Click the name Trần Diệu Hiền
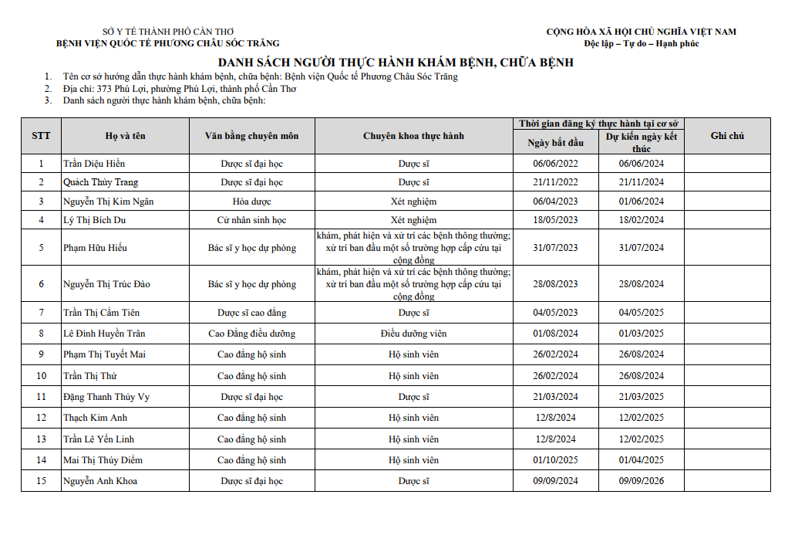click(94, 164)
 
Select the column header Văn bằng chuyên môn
click(251, 136)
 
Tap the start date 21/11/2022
click(555, 182)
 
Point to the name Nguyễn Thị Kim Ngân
click(109, 202)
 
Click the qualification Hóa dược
click(251, 202)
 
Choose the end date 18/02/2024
click(641, 220)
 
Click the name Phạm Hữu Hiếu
click(96, 248)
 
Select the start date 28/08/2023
click(555, 284)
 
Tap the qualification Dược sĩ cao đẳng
click(251, 313)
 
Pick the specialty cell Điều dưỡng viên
click(413, 334)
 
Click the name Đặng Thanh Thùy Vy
click(106, 397)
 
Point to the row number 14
click(41, 460)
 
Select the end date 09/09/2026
click(641, 481)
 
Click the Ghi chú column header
click(727, 136)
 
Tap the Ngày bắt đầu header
click(555, 143)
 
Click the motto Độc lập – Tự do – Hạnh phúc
click(641, 44)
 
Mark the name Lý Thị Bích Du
click(95, 220)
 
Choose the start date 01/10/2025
click(555, 460)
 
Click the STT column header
click(41, 136)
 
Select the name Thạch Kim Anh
click(96, 418)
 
